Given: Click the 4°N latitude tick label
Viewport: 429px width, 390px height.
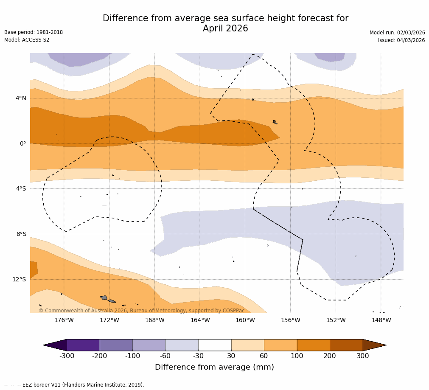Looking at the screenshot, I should point(21,98).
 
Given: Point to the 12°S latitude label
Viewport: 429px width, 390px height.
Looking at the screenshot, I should point(19,279).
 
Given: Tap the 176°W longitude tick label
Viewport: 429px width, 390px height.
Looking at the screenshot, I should point(64,320).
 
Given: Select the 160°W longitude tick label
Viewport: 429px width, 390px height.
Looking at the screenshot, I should point(245,320).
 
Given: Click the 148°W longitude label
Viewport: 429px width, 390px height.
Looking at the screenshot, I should point(381,320).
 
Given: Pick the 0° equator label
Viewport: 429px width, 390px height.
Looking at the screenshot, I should point(23,143).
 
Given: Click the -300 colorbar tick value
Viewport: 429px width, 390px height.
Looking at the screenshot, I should point(67,356).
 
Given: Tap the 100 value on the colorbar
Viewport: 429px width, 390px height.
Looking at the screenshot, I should point(297,356).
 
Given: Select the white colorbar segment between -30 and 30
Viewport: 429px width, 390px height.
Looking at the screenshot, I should point(215,345).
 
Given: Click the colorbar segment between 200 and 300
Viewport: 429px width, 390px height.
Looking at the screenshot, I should point(346,345).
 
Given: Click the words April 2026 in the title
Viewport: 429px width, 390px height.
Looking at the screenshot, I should point(225,29).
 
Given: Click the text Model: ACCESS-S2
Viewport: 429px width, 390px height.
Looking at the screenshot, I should point(27,40).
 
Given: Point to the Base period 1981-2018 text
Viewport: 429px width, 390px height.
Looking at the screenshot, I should point(34,32).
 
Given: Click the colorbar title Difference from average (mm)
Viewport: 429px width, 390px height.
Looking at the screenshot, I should point(214,367).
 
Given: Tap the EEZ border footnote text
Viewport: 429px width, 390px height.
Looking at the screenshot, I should point(74,385).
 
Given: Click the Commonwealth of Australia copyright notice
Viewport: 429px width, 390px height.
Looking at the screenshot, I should point(142,311).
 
